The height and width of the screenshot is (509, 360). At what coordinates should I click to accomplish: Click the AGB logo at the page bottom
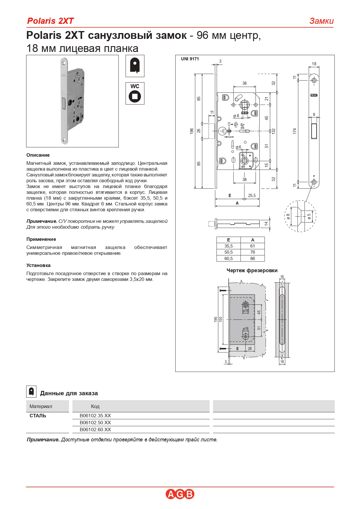pos(180,494)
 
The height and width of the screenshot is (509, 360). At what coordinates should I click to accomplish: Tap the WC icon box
pos(135,93)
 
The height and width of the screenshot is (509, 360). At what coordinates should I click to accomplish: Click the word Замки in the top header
pos(321,21)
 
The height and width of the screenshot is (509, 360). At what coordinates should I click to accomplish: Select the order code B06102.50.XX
pos(95,423)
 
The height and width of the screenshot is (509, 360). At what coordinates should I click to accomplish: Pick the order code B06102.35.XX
pos(95,416)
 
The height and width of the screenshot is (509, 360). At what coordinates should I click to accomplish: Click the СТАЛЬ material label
pos(38,416)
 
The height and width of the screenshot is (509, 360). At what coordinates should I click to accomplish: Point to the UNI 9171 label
pos(190,59)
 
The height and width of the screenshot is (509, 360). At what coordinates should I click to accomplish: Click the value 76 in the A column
pos(252,252)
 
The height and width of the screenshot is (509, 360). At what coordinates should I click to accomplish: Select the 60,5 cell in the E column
pos(228,258)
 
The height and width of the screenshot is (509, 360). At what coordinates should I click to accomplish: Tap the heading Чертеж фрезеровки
pos(252,270)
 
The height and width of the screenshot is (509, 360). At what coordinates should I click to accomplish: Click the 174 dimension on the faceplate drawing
pos(295,131)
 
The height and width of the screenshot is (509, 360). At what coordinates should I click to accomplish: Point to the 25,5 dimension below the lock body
pos(252,196)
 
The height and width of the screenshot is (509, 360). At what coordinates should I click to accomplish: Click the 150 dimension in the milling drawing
pos(221,319)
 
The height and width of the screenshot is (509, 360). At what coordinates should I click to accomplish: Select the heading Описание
pos(38,155)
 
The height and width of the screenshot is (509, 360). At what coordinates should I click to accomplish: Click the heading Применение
pos(41,239)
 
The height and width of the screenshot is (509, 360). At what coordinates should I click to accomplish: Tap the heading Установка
pos(38,265)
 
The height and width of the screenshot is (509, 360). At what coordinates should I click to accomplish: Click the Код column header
pos(95,406)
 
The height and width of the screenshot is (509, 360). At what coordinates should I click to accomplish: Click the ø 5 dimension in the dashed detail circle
pos(309,216)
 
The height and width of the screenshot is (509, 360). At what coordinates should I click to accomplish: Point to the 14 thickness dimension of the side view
pos(266,223)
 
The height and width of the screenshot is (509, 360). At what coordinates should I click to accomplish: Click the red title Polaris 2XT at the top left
pos(50,21)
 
